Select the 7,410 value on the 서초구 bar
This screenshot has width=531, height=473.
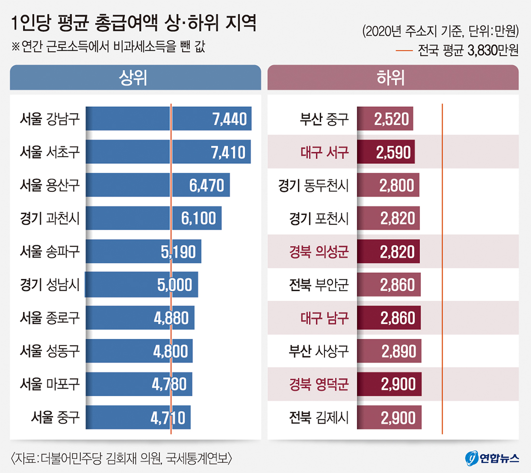pyautogui.click(x=228, y=152)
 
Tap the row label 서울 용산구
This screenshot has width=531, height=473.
pyautogui.click(x=50, y=186)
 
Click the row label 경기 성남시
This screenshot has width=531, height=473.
pyautogui.click(x=50, y=285)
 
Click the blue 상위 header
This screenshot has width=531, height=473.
pyautogui.click(x=135, y=77)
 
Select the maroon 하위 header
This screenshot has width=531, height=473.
pyautogui.click(x=393, y=77)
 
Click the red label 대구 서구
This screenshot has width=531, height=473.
pyautogui.click(x=324, y=152)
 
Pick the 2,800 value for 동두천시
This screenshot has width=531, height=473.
pyautogui.click(x=397, y=186)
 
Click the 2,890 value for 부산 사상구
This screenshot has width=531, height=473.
pyautogui.click(x=398, y=351)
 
